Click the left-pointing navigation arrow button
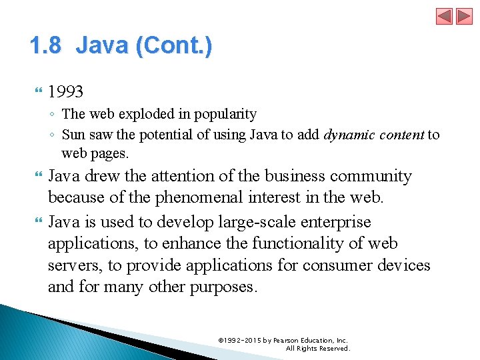[x=445, y=16]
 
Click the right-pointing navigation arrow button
[x=464, y=16]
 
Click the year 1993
[x=66, y=91]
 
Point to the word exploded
[x=137, y=115]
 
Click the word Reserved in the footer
[x=332, y=348]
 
